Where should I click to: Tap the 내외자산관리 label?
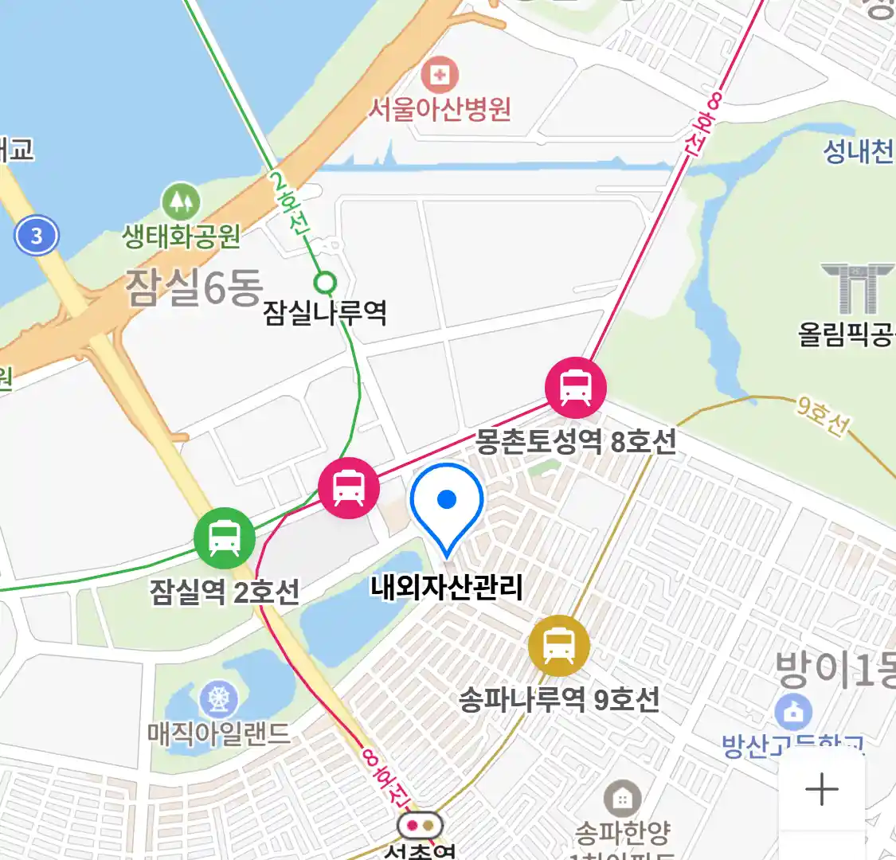pos(446,588)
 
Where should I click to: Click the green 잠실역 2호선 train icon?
pos(225,538)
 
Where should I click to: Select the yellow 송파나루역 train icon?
pos(559,646)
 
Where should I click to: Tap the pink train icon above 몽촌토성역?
pos(575,387)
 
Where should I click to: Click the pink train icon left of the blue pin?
pos(349,487)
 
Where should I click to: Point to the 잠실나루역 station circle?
pos(325,282)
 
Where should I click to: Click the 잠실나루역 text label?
pos(325,312)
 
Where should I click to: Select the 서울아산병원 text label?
pos(439,109)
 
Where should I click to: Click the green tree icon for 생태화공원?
pos(181,202)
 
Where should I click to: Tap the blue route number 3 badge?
pos(36,236)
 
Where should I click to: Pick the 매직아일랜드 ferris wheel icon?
pos(217,698)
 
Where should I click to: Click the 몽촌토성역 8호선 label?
pos(576,440)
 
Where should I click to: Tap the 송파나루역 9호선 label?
pos(559,700)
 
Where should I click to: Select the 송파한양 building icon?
pos(622,798)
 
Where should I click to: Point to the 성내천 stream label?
pos(858,150)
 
